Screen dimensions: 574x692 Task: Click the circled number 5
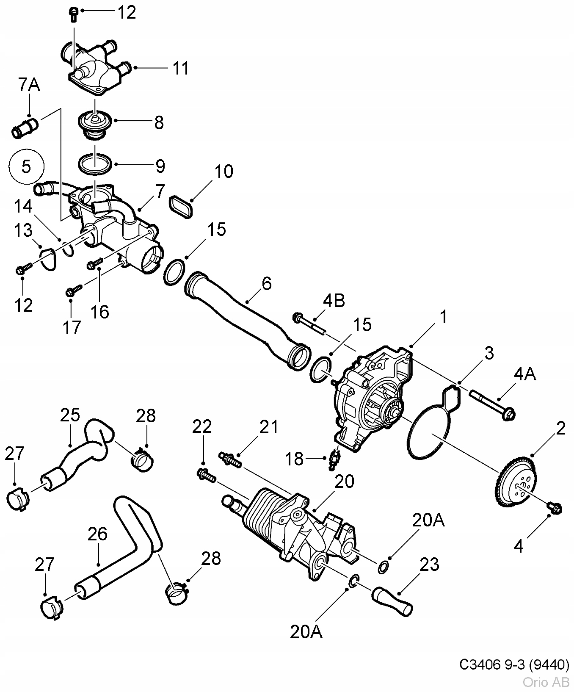26,166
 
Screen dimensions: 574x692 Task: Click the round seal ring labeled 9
95,163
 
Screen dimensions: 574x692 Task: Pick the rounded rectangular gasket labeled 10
181,206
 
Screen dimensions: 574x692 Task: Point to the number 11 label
181,68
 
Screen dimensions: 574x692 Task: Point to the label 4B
334,301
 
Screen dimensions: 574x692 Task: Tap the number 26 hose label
97,534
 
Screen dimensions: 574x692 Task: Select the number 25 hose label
70,415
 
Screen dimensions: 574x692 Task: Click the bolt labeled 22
206,475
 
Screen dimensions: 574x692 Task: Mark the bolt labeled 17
74,290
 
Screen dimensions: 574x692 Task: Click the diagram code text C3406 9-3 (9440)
514,665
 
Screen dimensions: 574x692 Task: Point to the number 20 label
345,482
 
